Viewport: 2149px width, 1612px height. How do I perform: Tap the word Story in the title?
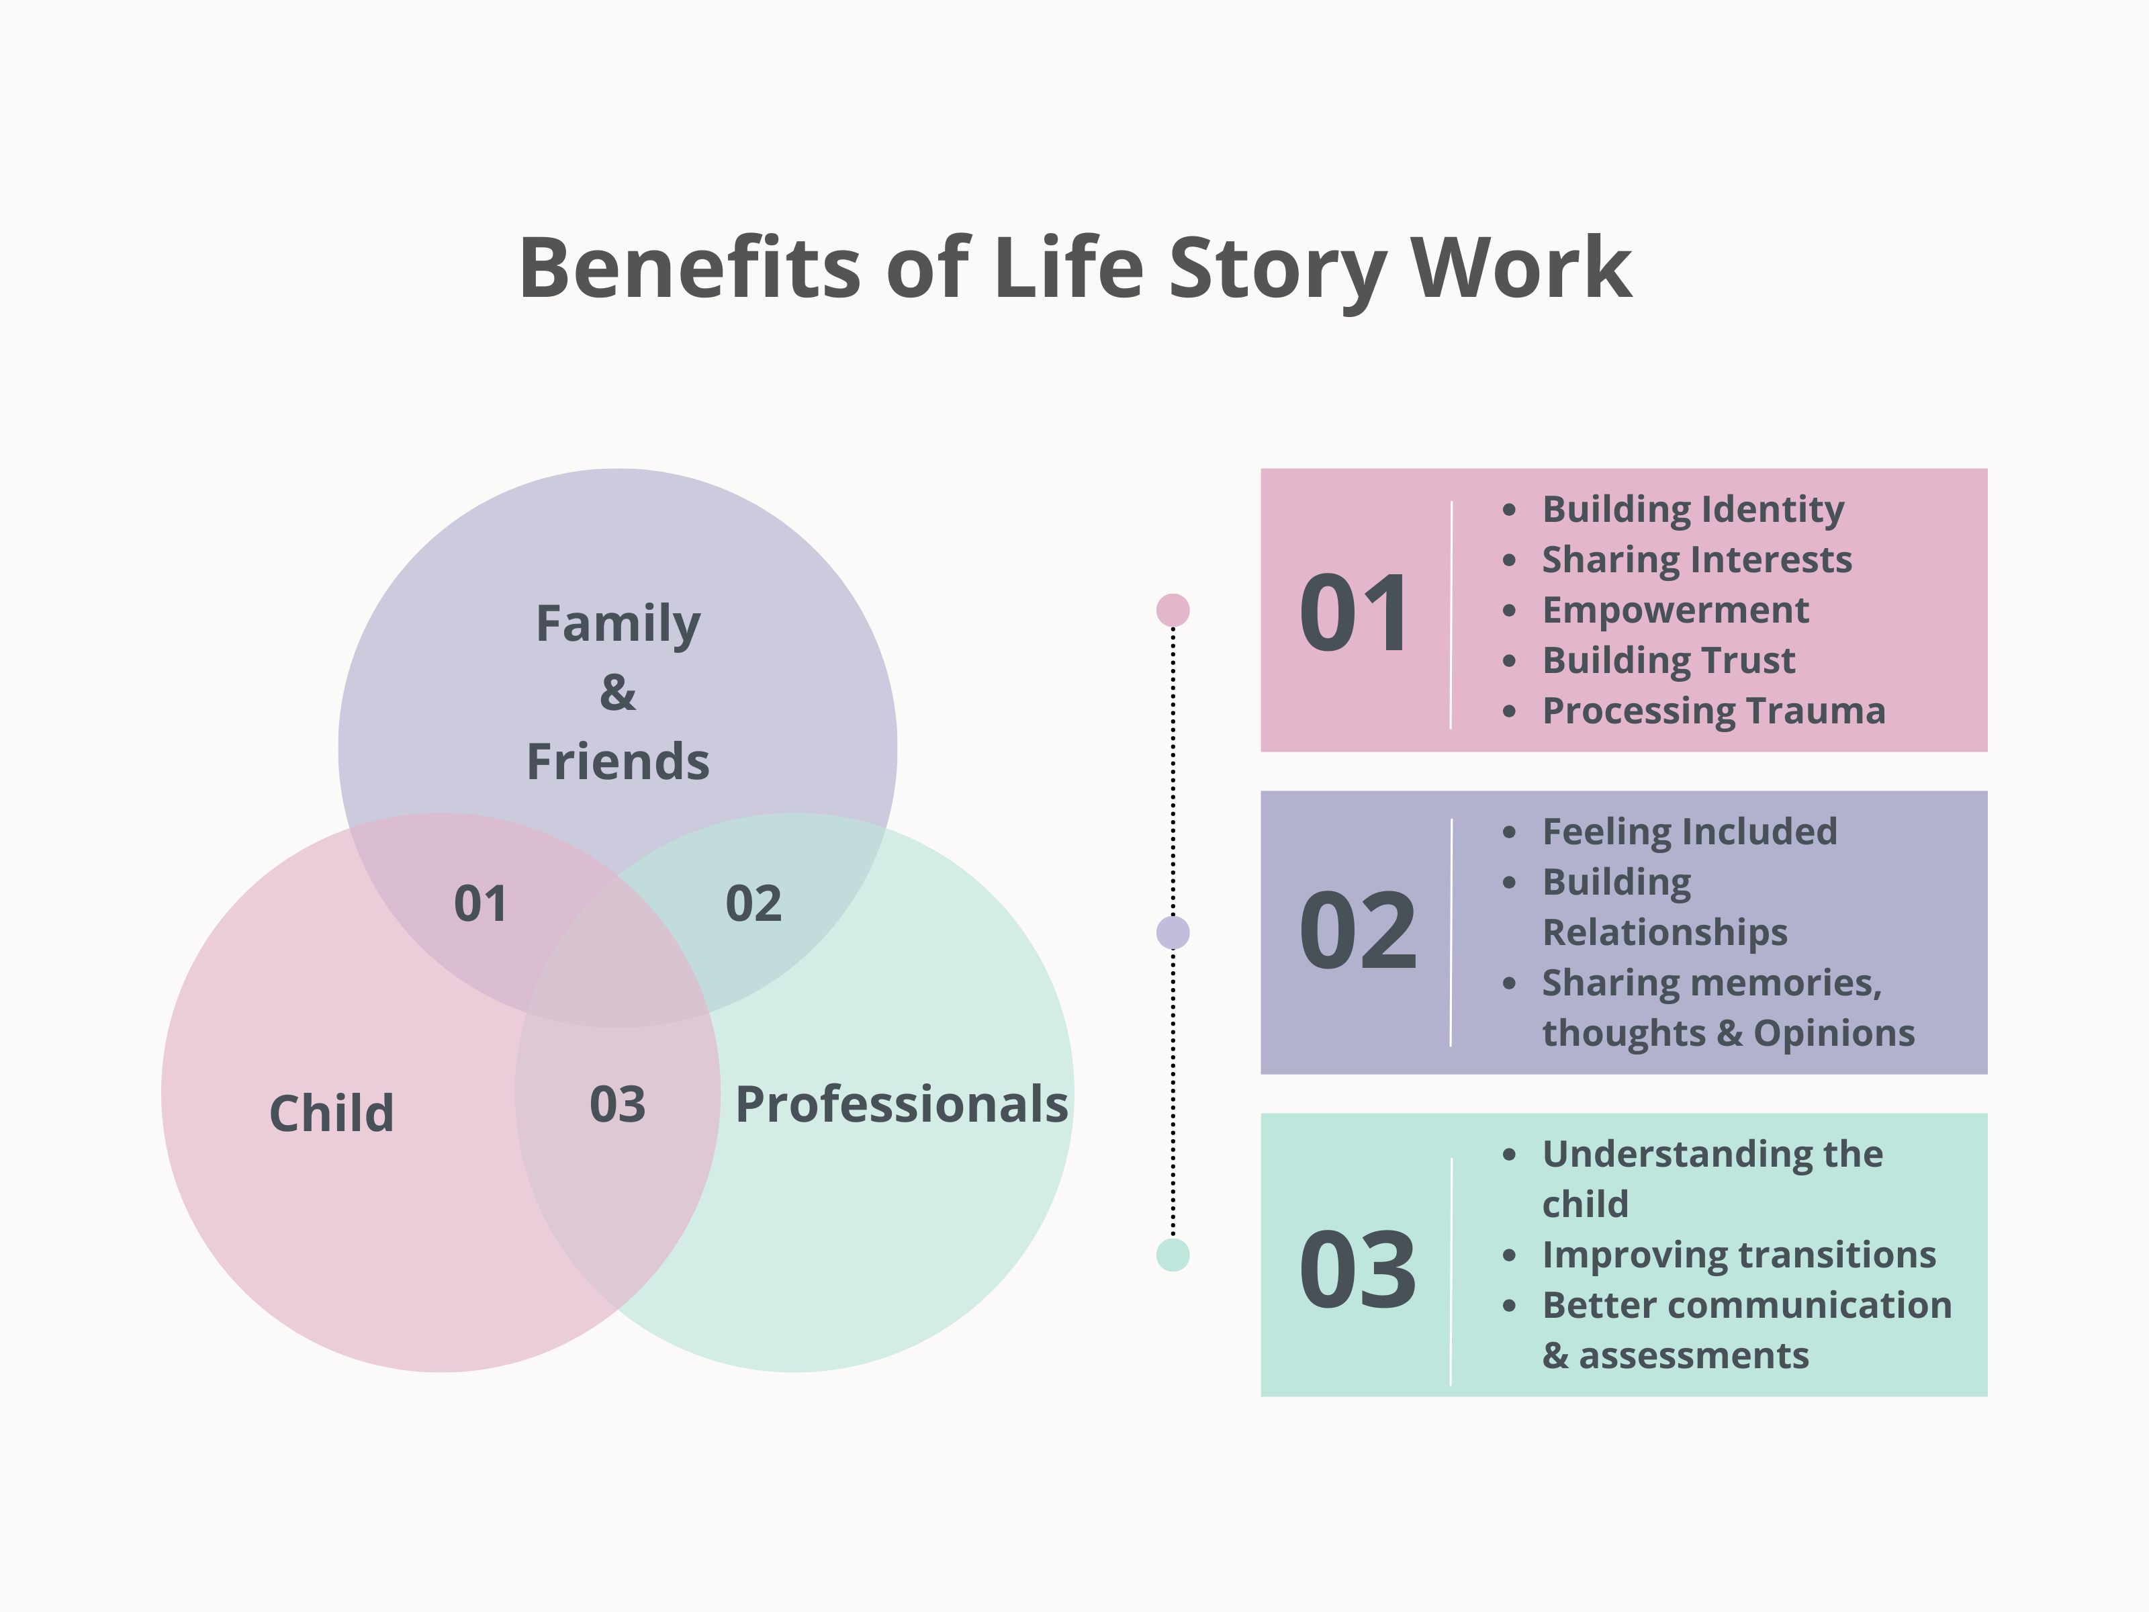1275,270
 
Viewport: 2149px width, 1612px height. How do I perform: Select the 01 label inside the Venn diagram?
480,903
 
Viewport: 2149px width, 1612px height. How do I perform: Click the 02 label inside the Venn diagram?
753,903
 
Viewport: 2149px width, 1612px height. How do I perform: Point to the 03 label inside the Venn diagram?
617,1104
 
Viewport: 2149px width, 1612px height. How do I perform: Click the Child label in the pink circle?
331,1112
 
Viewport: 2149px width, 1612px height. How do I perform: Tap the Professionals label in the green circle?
901,1105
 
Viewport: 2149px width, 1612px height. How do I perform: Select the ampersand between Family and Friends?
618,692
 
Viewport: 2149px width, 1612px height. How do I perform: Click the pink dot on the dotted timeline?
1173,610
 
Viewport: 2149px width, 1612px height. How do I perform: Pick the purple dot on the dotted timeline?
1173,933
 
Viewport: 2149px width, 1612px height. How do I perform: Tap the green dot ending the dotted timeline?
1173,1255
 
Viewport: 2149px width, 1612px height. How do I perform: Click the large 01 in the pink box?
1355,613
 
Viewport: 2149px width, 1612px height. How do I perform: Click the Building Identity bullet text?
1692,509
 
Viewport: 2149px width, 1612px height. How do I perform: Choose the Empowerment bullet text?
1675,610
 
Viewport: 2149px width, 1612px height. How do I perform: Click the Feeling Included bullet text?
1690,832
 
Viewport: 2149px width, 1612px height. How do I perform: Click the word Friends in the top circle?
618,761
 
